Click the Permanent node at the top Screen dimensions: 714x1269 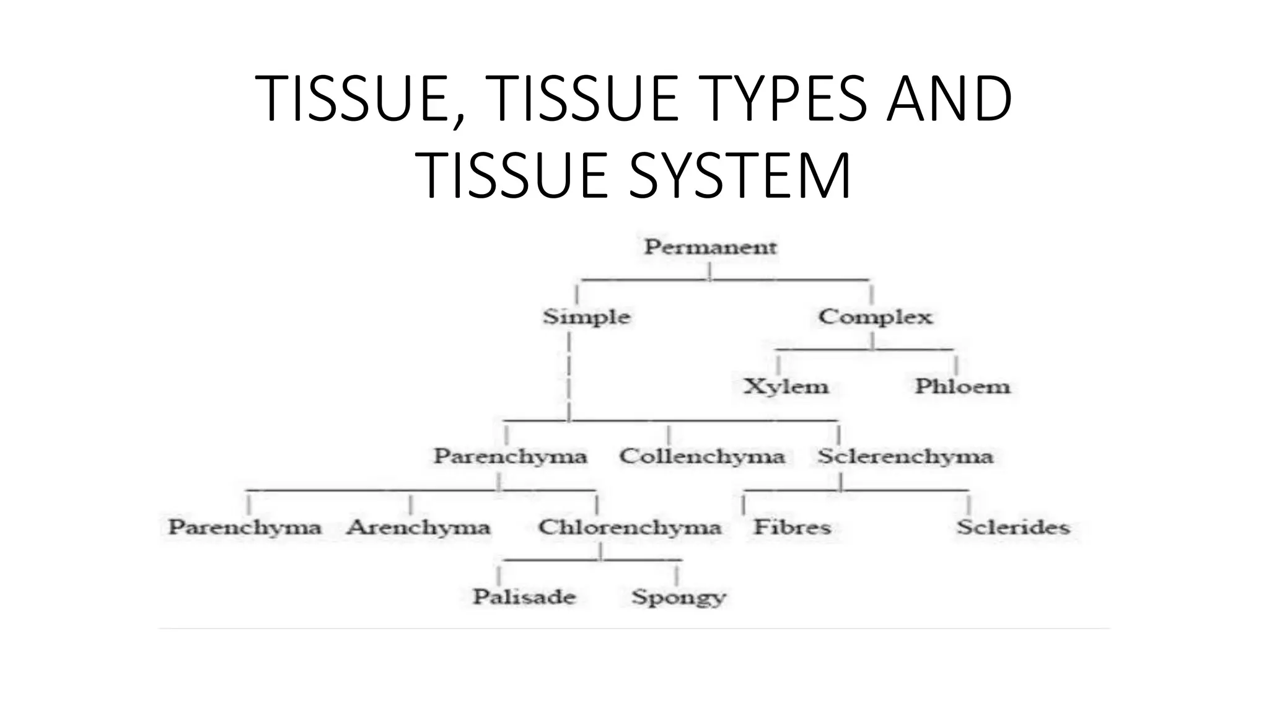point(710,247)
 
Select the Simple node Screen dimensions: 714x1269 point(586,317)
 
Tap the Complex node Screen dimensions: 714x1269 point(875,317)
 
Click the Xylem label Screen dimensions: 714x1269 point(786,386)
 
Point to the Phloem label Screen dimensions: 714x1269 point(962,386)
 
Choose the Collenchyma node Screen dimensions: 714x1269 point(702,456)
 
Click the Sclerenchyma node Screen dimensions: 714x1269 point(905,456)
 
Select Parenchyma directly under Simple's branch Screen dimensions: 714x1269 point(510,456)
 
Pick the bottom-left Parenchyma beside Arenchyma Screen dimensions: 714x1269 point(245,527)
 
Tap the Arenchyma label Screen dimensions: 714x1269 point(419,527)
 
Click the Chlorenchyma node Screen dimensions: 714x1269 point(630,527)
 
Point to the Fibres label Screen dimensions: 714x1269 point(792,527)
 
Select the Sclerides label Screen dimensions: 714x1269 point(1013,527)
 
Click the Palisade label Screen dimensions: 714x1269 point(524,597)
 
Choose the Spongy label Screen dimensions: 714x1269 point(678,597)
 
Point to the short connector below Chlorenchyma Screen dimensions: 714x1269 point(600,552)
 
